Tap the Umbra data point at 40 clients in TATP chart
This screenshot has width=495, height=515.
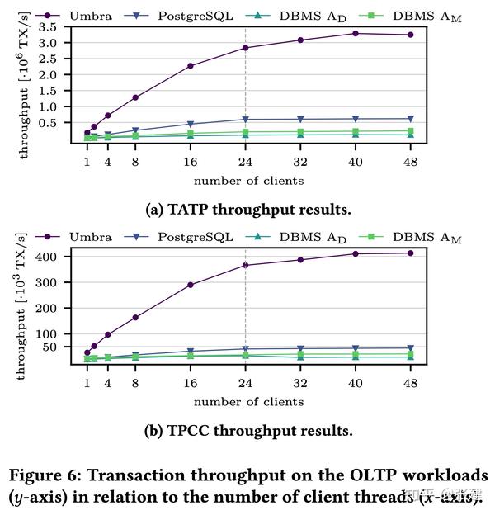355,33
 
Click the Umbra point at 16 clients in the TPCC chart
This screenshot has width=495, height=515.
191,285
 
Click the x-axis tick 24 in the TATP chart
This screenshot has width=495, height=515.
245,162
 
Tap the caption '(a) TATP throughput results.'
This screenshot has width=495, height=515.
248,210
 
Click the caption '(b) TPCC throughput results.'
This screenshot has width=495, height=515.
248,431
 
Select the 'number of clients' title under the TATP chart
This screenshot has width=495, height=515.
248,181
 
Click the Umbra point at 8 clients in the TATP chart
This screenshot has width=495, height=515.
135,97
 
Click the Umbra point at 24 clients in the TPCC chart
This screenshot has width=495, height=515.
245,265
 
